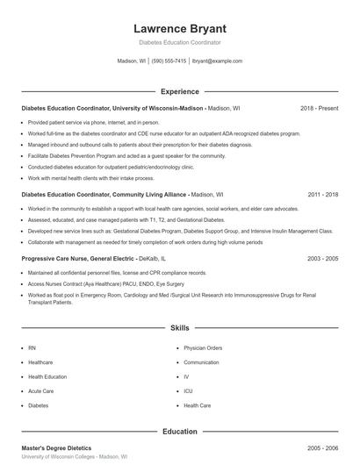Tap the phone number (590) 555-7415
point(169,61)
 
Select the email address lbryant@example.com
point(217,61)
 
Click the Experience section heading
point(179,91)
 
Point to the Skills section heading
point(179,328)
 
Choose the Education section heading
point(179,432)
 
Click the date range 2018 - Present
point(319,108)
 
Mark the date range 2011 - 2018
point(322,194)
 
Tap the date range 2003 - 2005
point(322,259)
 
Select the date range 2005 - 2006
point(322,447)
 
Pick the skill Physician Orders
point(204,347)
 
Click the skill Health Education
point(47,376)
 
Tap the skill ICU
point(188,391)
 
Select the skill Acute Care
point(41,391)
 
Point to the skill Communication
point(201,362)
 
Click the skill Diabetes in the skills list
point(39,406)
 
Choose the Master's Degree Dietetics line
point(56,447)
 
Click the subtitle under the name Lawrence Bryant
point(179,42)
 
